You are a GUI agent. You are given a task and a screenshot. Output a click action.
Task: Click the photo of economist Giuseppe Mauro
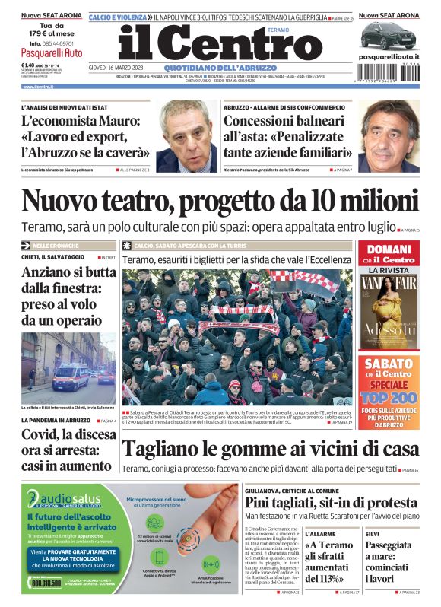[x=186, y=137]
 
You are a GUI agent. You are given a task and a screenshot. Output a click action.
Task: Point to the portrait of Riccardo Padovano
[x=388, y=137]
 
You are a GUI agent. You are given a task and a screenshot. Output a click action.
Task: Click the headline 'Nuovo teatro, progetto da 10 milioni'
[x=220, y=201]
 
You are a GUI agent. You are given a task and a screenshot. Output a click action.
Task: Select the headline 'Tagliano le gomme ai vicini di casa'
[x=270, y=450]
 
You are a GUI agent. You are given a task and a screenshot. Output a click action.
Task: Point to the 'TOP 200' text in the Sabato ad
[x=389, y=396]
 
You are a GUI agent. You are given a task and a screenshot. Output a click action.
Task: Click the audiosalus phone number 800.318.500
[x=47, y=583]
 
